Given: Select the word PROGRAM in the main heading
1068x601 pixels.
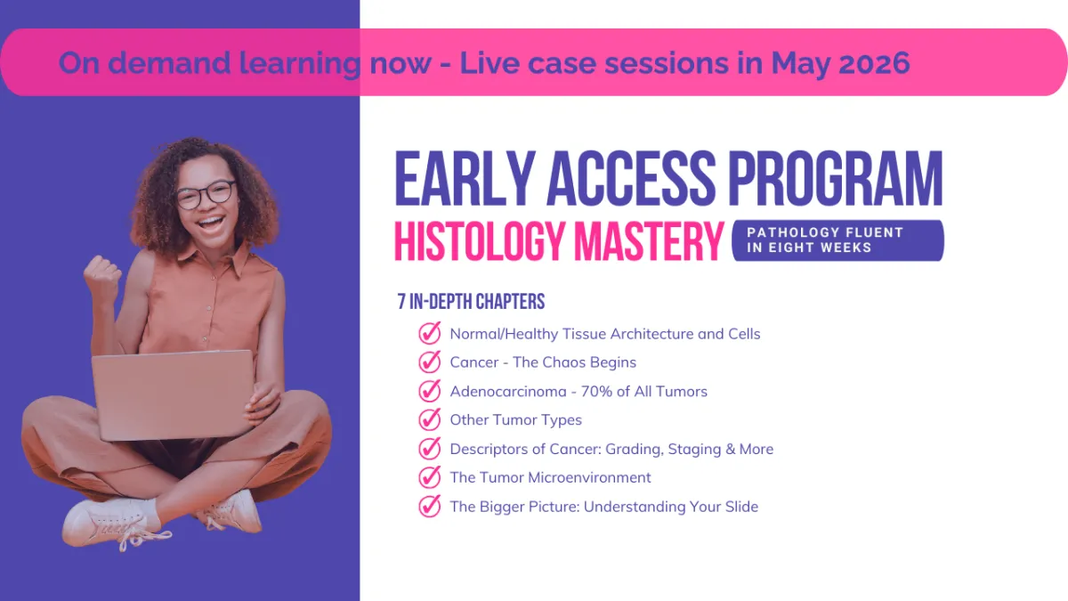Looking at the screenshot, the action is (836, 178).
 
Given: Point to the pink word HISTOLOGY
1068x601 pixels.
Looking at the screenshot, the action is (481, 241).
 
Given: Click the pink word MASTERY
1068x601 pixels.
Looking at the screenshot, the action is (650, 241).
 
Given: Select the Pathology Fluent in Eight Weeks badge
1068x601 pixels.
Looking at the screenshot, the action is (837, 240).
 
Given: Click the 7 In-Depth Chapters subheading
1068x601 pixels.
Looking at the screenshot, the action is (471, 302).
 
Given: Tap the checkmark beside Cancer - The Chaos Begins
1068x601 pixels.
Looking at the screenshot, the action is (430, 361).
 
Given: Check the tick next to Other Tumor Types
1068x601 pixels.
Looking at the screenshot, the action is (430, 419).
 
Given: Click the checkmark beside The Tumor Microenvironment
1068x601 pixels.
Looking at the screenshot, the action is (430, 477).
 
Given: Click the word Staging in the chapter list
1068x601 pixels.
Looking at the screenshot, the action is (694, 450).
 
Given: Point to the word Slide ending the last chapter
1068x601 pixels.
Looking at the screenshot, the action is (741, 507).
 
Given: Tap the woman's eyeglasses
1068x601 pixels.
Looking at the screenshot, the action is (206, 194).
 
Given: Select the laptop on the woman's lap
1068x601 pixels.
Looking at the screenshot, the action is (173, 395).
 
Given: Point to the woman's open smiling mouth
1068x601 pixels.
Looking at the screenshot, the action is (210, 223).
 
